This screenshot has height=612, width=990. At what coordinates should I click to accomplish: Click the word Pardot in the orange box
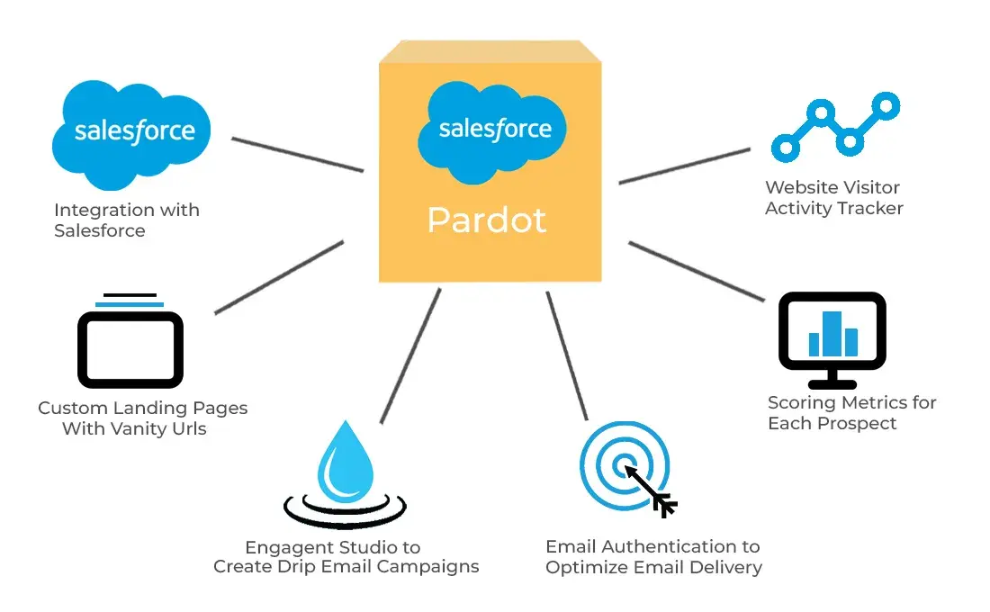[486, 220]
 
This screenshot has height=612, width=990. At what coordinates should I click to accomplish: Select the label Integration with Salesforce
[126, 220]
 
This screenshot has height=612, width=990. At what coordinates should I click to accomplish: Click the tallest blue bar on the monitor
[832, 333]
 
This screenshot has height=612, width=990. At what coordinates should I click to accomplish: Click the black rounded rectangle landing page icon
[130, 349]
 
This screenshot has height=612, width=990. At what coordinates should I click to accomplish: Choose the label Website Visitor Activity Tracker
[833, 198]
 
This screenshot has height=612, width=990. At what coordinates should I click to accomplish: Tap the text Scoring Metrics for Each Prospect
[851, 412]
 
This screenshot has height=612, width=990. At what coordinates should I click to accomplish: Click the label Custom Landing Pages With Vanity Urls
[142, 418]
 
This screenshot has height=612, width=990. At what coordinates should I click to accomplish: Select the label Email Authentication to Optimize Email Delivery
[653, 557]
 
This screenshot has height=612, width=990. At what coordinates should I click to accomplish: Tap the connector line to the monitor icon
[695, 270]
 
